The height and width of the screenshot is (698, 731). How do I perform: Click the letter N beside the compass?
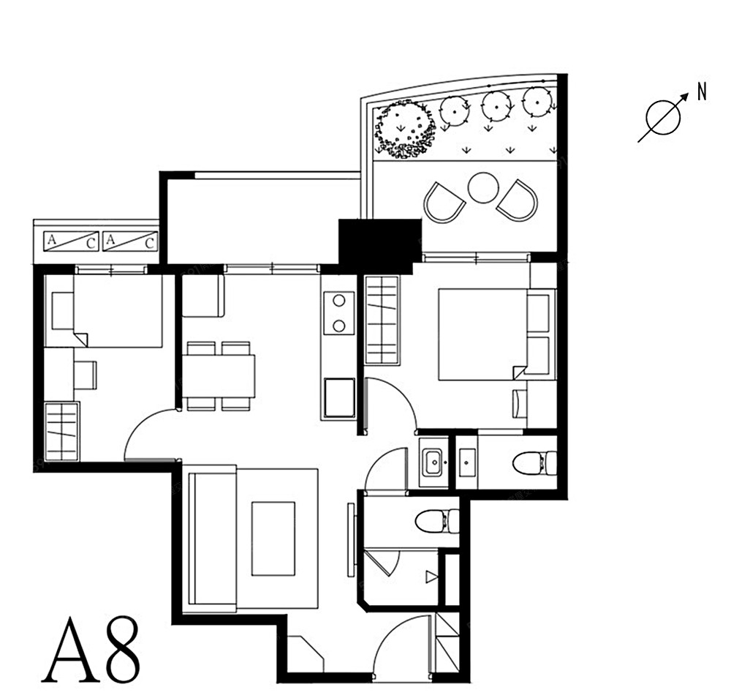coord(702,91)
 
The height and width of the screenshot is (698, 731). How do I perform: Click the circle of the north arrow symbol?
coord(663,117)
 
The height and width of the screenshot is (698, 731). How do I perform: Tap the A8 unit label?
coord(91,650)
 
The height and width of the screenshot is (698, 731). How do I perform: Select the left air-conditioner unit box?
coord(72,241)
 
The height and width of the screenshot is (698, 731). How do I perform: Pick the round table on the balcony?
coord(483,187)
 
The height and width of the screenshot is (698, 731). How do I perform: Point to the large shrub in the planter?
coord(405,130)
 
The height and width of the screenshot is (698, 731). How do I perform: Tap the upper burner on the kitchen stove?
coord(339,301)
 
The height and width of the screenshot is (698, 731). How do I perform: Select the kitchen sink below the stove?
coord(339,398)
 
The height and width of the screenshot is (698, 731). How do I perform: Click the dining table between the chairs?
coord(218,376)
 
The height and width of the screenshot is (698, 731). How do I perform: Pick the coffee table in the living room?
coord(273,539)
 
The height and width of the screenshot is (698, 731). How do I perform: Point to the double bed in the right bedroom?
coord(483,334)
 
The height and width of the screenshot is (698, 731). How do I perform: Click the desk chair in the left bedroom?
coord(86,375)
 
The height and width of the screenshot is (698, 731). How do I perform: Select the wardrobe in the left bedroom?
coord(61,431)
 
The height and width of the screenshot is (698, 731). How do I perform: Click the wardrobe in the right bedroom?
coord(382,320)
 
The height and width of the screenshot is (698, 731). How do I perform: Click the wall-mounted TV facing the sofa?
coord(352,539)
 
